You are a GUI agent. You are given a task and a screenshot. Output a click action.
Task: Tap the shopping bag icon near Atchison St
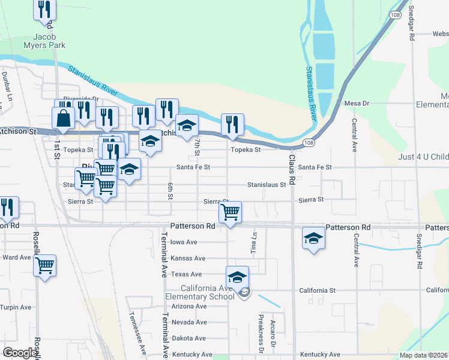click(x=63, y=119)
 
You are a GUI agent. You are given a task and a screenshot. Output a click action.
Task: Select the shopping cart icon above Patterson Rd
click(x=231, y=212)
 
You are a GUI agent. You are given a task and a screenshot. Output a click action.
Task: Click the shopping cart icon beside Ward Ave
click(x=45, y=265)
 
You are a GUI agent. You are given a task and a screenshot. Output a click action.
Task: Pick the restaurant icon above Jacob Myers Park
click(x=45, y=10)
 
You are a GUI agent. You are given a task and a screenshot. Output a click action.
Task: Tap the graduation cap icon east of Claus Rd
click(x=313, y=239)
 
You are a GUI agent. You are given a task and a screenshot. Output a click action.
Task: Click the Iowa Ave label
click(x=184, y=242)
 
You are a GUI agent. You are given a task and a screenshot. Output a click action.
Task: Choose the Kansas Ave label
click(x=188, y=258)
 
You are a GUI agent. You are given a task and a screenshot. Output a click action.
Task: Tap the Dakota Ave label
click(x=188, y=338)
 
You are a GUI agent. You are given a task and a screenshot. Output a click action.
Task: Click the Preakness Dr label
click(x=261, y=334)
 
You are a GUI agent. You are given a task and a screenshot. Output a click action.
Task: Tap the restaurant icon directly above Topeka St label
click(x=232, y=125)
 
